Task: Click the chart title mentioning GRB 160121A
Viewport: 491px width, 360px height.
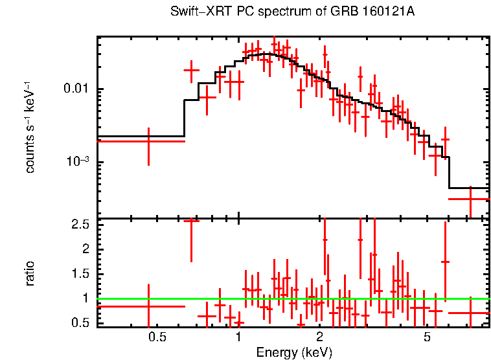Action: [x=292, y=12]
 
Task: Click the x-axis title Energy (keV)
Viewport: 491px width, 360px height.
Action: [x=294, y=352]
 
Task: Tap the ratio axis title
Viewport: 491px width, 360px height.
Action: [x=30, y=274]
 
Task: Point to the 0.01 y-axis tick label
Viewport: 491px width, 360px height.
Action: [x=76, y=89]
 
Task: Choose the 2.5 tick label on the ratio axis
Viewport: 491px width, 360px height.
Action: [x=80, y=225]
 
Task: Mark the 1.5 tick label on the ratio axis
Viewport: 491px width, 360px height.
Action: [x=80, y=274]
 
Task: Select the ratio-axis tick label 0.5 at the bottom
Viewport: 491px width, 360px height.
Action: [x=80, y=322]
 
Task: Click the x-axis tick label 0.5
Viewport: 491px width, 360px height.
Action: [x=157, y=337]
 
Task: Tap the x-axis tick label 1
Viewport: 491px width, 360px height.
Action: [x=239, y=337]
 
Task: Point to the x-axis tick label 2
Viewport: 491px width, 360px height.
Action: [x=320, y=337]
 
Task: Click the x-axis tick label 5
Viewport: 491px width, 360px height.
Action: [x=427, y=337]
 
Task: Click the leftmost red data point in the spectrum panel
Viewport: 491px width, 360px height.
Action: [x=149, y=141]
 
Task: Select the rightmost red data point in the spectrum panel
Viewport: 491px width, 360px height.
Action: [x=470, y=199]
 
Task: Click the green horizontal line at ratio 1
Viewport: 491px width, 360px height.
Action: [x=291, y=299]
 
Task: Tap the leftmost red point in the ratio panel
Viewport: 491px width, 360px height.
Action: [x=149, y=306]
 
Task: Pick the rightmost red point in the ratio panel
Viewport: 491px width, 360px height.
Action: [x=470, y=313]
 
